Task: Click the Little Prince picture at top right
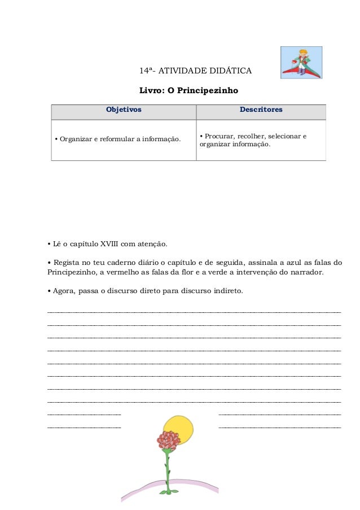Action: pyautogui.click(x=301, y=63)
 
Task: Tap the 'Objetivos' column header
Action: pyautogui.click(x=124, y=110)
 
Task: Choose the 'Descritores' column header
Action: pyautogui.click(x=261, y=110)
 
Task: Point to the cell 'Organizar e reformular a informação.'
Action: pyautogui.click(x=117, y=140)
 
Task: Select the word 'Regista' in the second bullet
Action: pyautogui.click(x=65, y=263)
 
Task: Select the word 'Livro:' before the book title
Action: pyautogui.click(x=151, y=90)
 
